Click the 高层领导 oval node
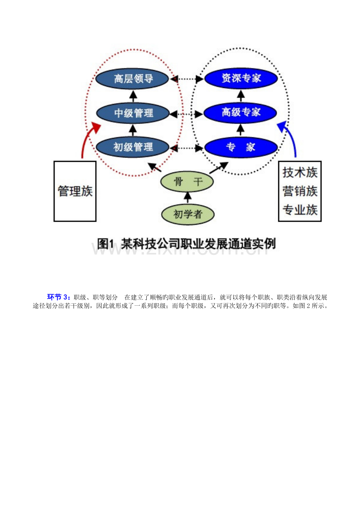coord(132,79)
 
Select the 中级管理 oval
coord(133,113)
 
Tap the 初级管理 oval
coord(133,147)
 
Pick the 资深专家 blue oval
coord(241,78)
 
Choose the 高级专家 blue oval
coord(240,113)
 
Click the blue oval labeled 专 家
coord(241,147)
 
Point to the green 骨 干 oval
coord(187,182)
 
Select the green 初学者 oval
coord(188,214)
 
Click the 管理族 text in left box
coord(75,191)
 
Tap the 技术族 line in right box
coord(300,172)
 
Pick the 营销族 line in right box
coord(300,191)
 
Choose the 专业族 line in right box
coord(300,210)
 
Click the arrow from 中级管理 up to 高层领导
coord(133,96)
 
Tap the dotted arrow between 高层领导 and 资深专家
coord(187,79)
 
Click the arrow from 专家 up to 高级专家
coord(241,130)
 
